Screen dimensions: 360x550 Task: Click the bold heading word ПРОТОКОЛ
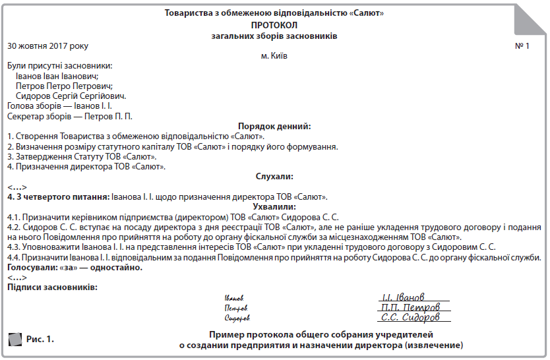click(274, 24)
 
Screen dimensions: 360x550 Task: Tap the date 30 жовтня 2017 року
click(47, 46)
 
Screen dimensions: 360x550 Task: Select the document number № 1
click(522, 46)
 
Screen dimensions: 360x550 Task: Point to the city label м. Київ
click(274, 56)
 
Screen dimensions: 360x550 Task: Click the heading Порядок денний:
click(274, 127)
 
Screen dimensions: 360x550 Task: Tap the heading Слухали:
click(274, 176)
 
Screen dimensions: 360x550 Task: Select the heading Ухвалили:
click(274, 206)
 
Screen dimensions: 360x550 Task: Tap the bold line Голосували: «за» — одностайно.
click(75, 268)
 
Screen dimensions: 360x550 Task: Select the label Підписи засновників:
click(52, 287)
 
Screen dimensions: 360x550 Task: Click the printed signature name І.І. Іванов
click(403, 297)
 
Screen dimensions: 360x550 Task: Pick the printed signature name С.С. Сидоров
click(407, 317)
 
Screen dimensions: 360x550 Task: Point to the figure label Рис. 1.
click(40, 340)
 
